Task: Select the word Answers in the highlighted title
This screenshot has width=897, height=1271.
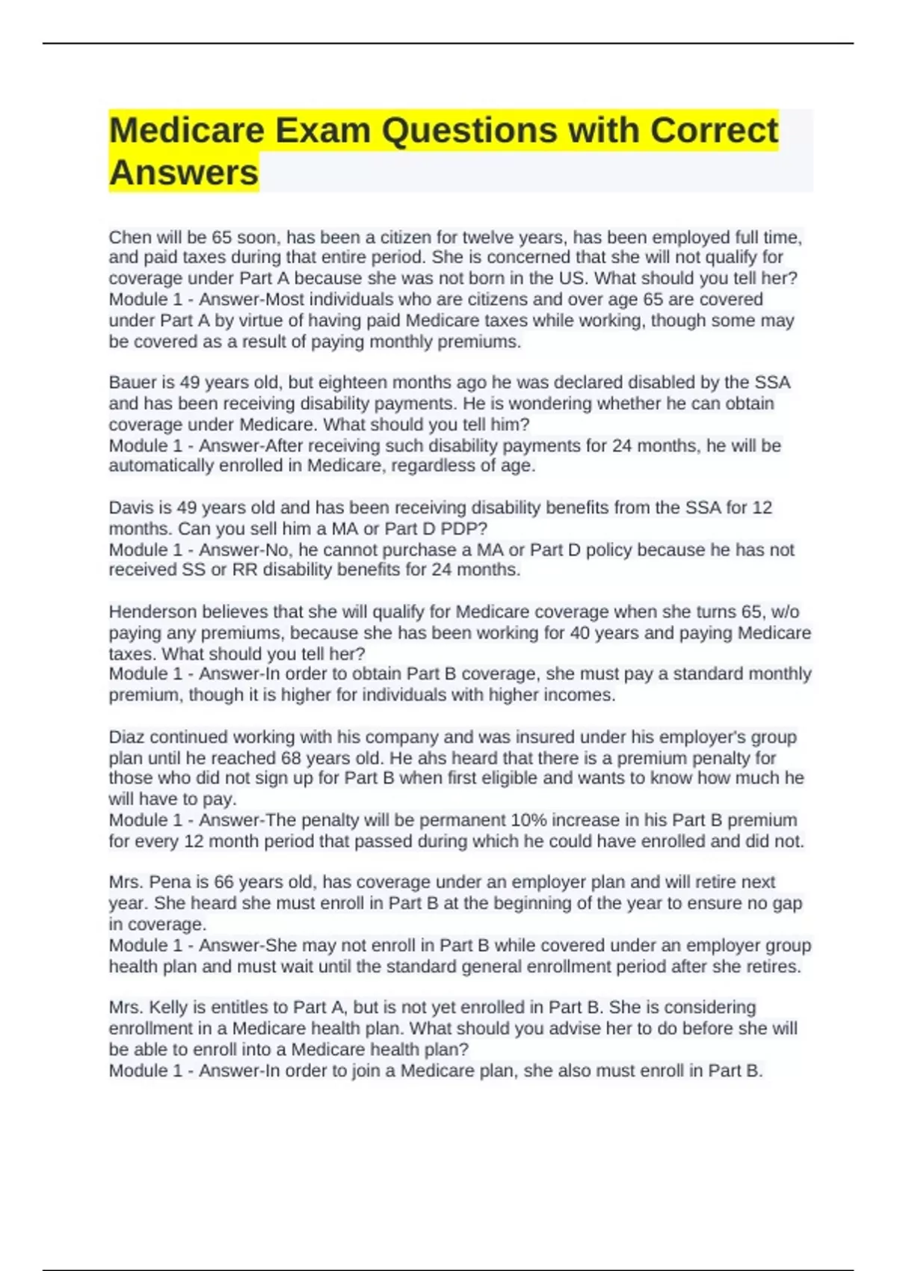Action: [x=184, y=173]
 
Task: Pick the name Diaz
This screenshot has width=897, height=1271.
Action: [x=126, y=737]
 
